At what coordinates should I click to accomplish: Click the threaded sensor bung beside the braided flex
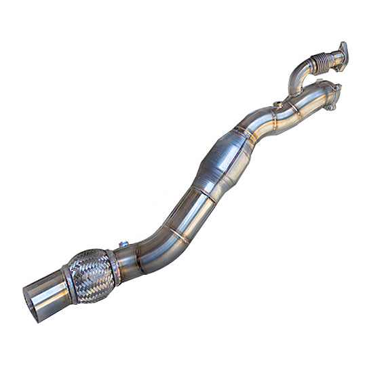(125, 245)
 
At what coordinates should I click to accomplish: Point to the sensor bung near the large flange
(277, 105)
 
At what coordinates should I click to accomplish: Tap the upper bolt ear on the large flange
(335, 84)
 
